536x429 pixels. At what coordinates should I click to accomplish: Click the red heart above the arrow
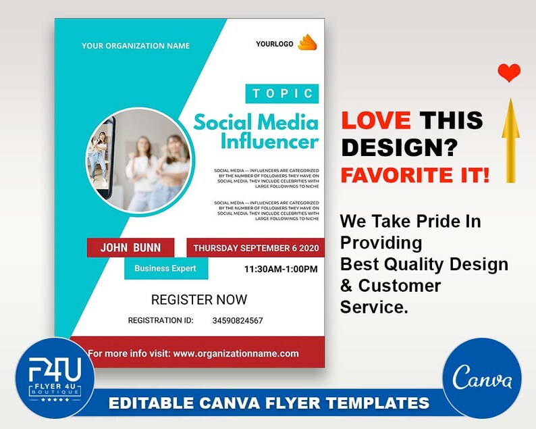510,72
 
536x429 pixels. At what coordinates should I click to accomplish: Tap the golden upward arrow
510,141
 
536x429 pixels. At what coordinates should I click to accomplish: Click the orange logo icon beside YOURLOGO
307,43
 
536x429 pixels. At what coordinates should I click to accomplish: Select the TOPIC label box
281,93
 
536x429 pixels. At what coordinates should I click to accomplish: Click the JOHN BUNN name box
130,247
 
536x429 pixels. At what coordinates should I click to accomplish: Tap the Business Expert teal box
165,268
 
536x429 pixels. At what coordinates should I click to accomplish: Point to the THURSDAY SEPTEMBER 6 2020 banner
255,248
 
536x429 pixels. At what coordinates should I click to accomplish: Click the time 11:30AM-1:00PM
280,269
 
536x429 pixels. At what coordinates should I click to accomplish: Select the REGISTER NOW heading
199,299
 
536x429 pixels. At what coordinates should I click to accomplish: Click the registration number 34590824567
238,320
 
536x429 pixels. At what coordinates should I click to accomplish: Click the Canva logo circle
483,378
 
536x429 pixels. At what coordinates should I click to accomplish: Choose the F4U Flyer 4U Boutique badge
55,376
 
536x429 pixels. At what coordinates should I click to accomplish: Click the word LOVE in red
375,120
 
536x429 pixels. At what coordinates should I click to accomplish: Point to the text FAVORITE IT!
414,175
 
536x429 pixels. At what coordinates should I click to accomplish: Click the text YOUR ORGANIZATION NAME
136,46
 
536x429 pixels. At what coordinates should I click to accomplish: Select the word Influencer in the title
269,142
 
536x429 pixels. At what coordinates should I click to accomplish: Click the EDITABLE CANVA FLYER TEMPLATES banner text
269,403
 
